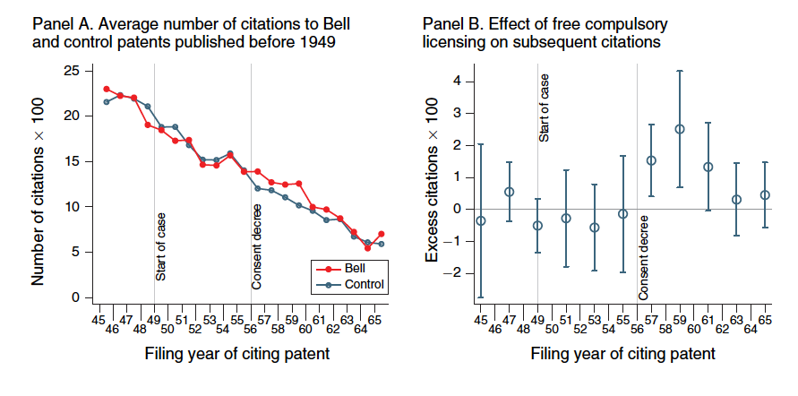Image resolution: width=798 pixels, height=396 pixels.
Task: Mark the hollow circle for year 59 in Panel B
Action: (680, 129)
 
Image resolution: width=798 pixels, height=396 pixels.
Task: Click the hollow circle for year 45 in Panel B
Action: (481, 220)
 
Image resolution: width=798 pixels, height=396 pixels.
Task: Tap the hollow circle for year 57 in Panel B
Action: (651, 160)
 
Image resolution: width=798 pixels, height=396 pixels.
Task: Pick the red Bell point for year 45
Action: (107, 89)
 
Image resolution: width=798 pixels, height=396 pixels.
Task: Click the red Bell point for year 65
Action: (382, 234)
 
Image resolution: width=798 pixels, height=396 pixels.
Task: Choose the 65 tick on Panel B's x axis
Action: (765, 320)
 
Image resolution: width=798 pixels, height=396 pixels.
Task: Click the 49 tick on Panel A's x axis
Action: (154, 320)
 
